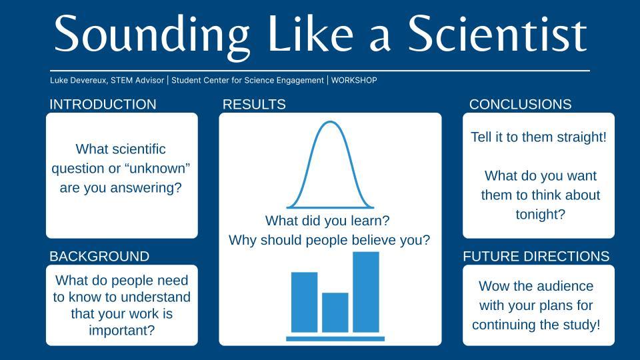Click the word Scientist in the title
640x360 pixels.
497,33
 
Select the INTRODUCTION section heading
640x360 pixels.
103,105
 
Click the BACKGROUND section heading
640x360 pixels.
99,257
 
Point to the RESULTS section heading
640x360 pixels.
254,105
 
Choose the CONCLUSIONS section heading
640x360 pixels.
520,105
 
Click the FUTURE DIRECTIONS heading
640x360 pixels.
536,257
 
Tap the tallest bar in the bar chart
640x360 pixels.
365,292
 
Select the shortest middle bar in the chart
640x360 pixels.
335,312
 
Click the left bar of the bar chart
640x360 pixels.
304,302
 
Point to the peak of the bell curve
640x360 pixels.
330,123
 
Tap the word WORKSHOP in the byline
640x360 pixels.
354,81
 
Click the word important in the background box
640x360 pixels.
121,330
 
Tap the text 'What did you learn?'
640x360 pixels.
327,220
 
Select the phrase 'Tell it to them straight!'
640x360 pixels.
539,137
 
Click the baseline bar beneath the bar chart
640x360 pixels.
335,339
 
